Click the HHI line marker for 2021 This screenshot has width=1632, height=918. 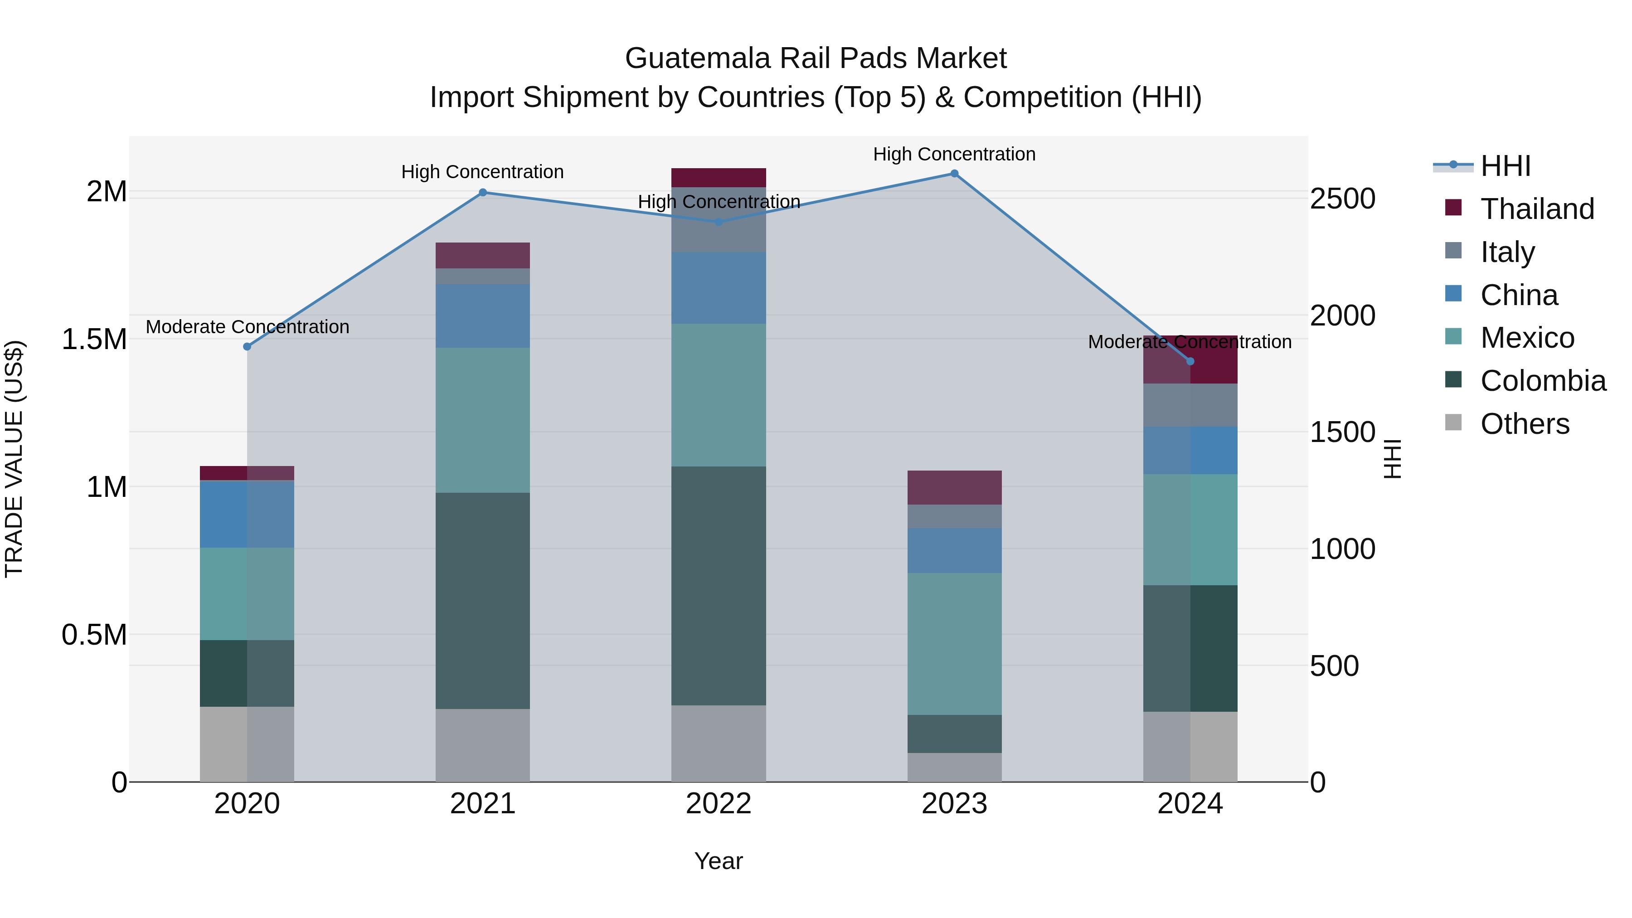(483, 193)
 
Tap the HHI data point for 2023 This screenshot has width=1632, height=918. (954, 174)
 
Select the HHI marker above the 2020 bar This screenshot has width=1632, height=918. (247, 346)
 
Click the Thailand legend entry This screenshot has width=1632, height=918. (1536, 209)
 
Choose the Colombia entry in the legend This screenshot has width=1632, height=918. (1542, 381)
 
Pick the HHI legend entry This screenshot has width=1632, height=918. (1505, 166)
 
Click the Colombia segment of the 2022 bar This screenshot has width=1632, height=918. (719, 586)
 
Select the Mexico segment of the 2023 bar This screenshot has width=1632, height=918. (954, 644)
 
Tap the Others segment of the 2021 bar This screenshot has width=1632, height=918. (483, 745)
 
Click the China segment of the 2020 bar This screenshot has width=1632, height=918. (247, 514)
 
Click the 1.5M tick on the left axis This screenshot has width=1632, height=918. (94, 340)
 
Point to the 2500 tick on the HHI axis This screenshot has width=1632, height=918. (1342, 199)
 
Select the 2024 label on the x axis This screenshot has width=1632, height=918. (1190, 804)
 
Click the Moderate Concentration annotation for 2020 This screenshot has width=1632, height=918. (247, 327)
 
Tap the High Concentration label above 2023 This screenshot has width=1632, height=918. (954, 154)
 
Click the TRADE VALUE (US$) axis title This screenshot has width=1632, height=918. (14, 459)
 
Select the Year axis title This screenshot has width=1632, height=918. (719, 861)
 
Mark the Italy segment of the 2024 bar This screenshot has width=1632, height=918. (1190, 405)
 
